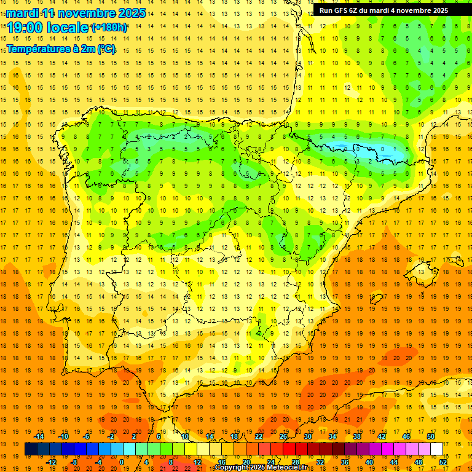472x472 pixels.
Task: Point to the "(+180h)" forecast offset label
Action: click(109, 28)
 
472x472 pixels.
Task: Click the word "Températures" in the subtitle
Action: click(39, 49)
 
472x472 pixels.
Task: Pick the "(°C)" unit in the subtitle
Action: click(106, 49)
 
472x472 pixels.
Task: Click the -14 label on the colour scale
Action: click(39, 436)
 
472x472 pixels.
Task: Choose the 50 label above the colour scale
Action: click(430, 436)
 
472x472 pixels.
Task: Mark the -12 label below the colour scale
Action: click(52, 462)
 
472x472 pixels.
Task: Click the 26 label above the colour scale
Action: click(283, 436)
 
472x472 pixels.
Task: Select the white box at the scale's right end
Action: click(436, 449)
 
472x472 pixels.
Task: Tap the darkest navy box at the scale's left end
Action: click(31, 449)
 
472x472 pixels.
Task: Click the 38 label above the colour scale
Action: click(357, 436)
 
